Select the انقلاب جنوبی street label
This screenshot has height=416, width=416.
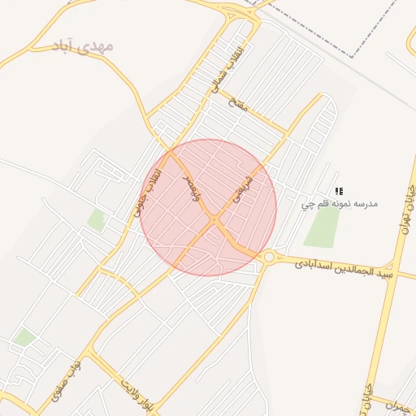(148, 195)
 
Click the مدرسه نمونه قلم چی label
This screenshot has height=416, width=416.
(340, 203)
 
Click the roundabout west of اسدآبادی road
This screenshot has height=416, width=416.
(268, 258)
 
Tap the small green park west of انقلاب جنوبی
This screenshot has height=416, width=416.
(97, 219)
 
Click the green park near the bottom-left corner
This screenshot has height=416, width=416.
(24, 336)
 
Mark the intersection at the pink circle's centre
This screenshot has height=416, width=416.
(213, 219)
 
